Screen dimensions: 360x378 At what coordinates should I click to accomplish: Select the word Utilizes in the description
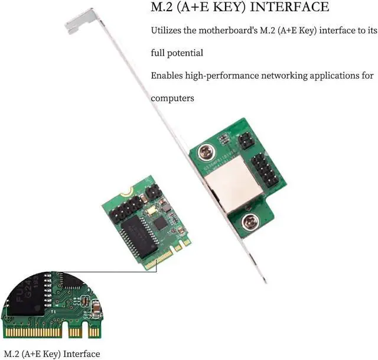click(x=167, y=30)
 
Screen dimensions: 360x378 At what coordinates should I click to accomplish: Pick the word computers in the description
click(x=172, y=98)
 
